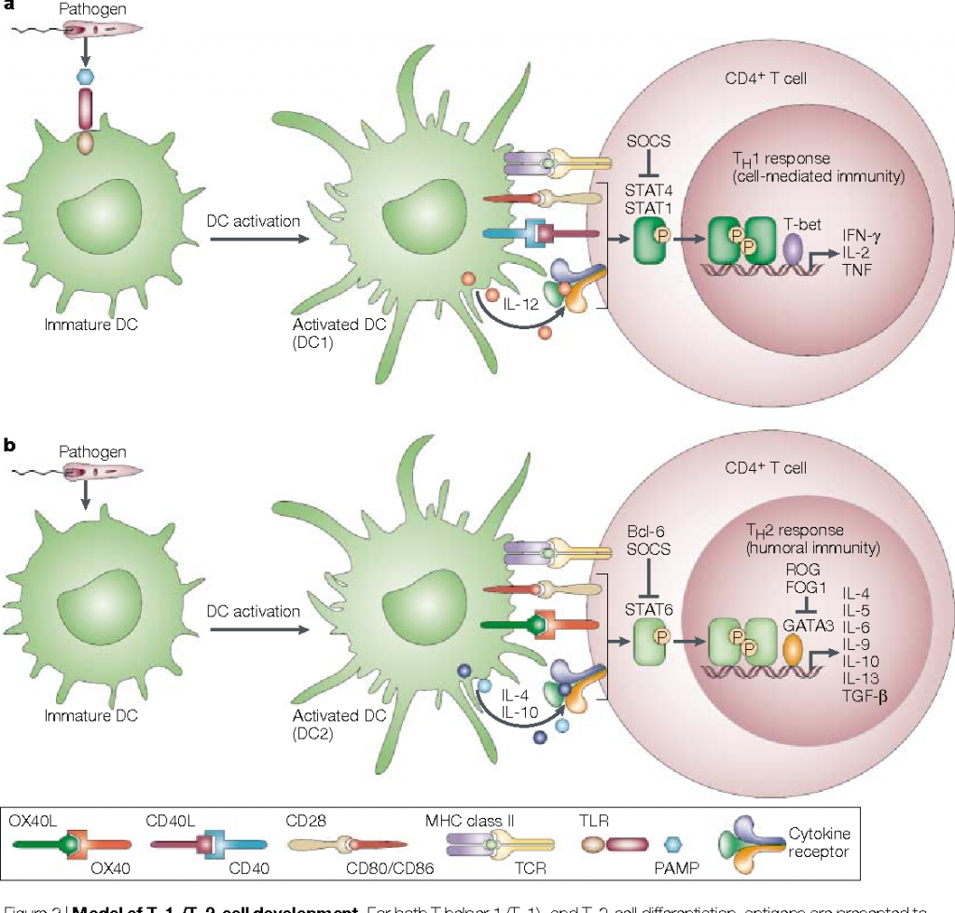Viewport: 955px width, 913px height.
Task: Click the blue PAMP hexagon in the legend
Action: click(673, 844)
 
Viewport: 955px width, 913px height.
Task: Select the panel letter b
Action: click(11, 446)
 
